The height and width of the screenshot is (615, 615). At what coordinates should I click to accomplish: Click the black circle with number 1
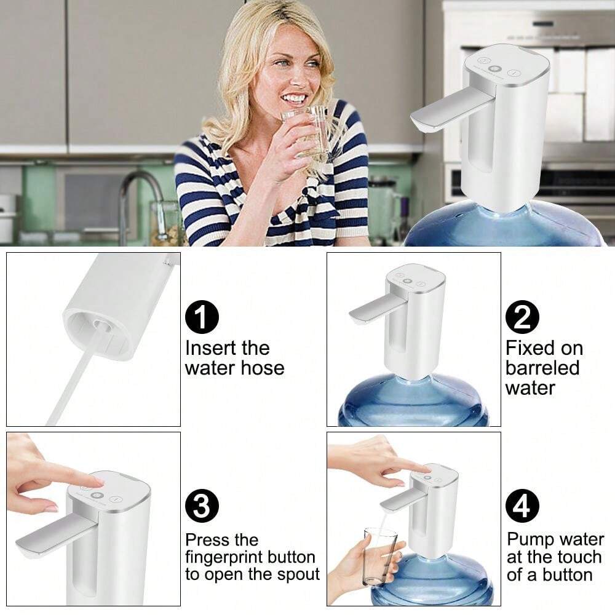point(202,319)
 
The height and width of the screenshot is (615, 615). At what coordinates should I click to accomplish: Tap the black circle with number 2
point(522,319)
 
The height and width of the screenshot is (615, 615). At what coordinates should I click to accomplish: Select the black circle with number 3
point(202,508)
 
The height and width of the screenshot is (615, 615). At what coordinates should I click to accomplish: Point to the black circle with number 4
point(522,508)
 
